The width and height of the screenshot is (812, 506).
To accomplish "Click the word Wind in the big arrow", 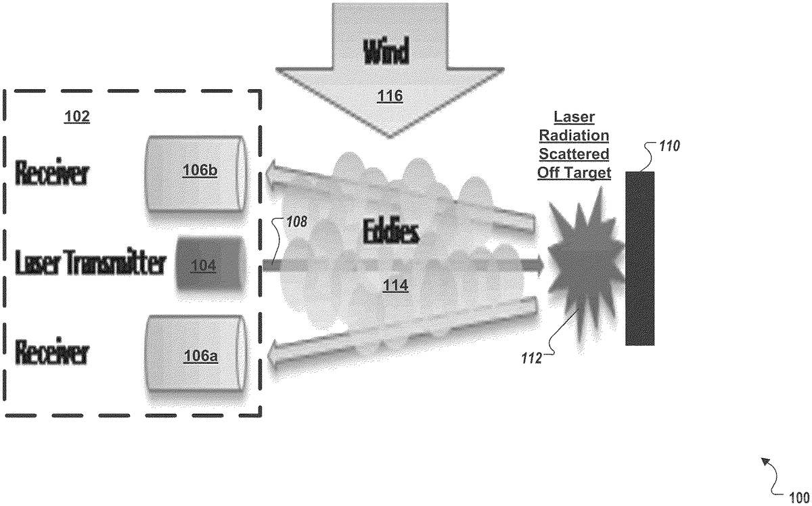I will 391,53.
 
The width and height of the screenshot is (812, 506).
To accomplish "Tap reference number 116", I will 391,95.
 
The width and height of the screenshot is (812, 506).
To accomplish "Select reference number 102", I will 76,116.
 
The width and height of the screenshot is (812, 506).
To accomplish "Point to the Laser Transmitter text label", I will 90,264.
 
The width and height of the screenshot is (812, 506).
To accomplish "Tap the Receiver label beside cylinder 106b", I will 52,172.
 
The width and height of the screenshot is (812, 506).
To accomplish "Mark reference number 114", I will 395,285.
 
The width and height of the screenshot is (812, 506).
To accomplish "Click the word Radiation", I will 574,135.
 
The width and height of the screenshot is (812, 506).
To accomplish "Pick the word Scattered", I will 574,154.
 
